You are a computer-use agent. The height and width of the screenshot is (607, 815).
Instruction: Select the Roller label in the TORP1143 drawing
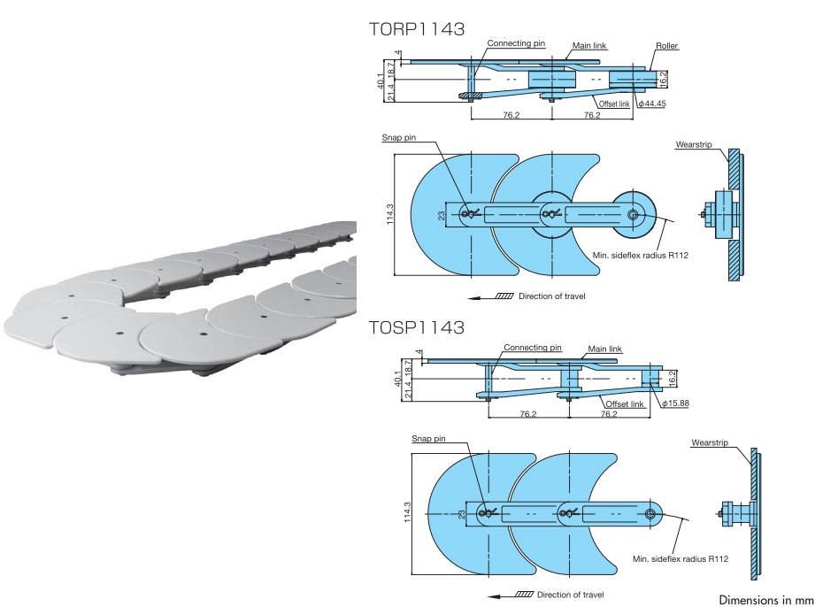(666, 44)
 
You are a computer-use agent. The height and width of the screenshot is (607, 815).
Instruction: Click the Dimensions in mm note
(765, 600)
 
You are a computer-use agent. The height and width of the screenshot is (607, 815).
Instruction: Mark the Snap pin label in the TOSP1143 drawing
(428, 438)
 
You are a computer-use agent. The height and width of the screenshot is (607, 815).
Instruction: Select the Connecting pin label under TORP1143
(516, 42)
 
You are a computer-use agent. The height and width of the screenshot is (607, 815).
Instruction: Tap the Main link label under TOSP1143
(606, 348)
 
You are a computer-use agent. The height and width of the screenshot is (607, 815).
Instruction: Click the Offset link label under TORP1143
(613, 104)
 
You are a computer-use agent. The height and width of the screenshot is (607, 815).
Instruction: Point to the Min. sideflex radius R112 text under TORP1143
(640, 256)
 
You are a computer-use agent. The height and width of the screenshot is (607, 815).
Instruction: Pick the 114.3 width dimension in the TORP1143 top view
(390, 214)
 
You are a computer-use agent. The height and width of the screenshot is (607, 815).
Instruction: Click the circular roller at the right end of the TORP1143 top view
(634, 213)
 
